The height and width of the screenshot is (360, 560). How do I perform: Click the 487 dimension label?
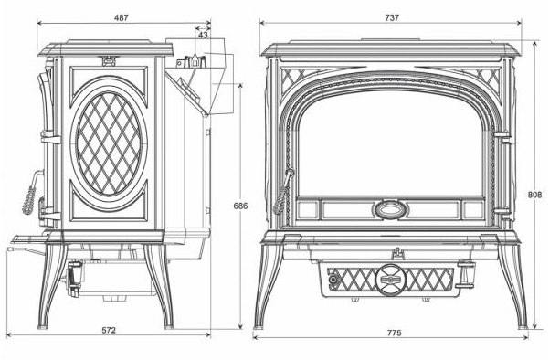tap(122, 17)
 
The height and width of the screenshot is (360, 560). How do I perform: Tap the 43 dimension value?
tap(203, 35)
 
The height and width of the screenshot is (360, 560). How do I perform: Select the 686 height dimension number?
tap(240, 206)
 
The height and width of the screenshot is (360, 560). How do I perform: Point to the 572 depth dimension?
tap(109, 330)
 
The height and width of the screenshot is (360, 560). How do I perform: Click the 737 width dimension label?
tap(392, 17)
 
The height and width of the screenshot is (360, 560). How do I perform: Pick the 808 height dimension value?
tap(534, 195)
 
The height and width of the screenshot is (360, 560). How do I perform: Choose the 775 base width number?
tap(394, 333)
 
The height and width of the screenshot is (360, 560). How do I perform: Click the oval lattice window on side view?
tap(109, 143)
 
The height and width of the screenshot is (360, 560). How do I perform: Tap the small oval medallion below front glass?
tap(391, 209)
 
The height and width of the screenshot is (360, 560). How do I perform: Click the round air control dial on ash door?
tap(391, 280)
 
